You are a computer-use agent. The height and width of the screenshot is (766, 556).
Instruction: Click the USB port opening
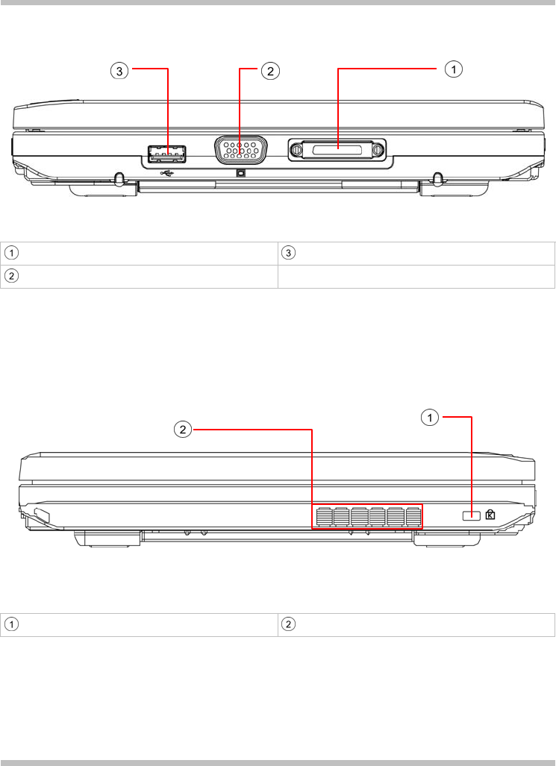(x=168, y=154)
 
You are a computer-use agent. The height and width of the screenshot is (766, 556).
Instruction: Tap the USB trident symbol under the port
(x=167, y=173)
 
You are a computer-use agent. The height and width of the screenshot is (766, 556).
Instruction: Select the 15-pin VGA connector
(x=240, y=149)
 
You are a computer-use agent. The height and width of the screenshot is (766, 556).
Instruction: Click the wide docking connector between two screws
(x=337, y=149)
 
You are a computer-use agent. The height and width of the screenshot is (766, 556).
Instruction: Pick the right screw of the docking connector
(x=378, y=149)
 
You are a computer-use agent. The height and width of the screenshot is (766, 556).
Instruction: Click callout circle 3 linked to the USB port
(x=119, y=72)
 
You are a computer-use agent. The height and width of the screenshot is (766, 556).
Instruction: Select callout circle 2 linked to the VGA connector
(x=270, y=72)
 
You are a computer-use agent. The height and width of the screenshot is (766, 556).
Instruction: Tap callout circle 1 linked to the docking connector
(x=453, y=69)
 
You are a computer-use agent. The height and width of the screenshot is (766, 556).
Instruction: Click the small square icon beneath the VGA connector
(x=240, y=172)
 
